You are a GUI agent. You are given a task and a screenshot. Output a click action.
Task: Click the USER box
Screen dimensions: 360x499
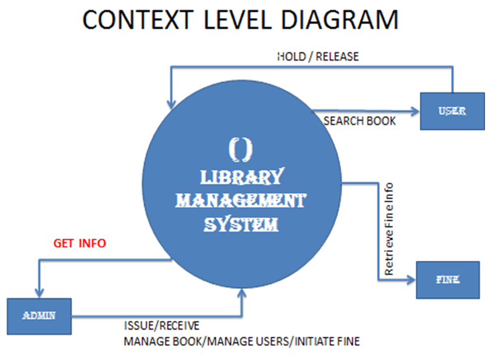(452, 111)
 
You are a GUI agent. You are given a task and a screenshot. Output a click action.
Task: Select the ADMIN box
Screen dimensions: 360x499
(39, 316)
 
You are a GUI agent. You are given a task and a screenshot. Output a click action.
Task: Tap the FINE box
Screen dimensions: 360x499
(447, 280)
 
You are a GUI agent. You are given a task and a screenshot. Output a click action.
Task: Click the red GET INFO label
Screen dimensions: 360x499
(80, 243)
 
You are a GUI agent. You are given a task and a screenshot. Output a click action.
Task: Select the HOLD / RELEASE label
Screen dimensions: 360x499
(318, 57)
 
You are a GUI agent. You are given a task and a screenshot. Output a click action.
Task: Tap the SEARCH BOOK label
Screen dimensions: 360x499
(360, 121)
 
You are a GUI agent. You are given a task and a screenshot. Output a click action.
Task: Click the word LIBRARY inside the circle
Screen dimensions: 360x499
(241, 177)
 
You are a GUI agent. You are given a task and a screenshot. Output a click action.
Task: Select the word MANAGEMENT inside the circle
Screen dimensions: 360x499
(241, 201)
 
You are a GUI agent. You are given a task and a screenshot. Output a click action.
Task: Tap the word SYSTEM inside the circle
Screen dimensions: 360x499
(241, 224)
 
